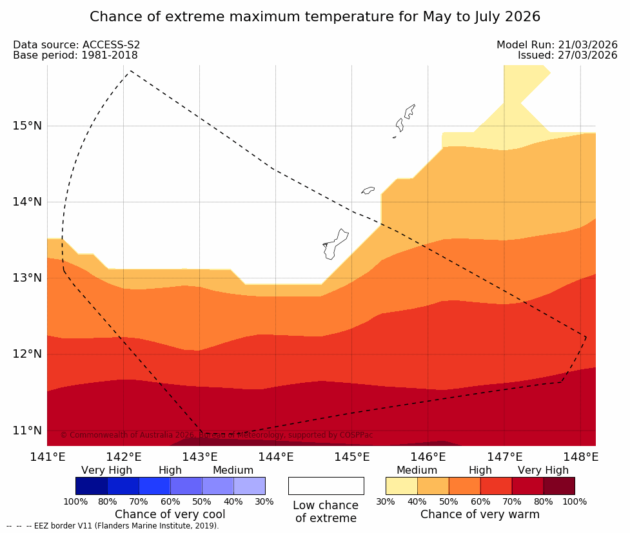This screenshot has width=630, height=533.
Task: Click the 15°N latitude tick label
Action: [27, 126]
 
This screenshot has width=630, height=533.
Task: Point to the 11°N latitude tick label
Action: [27, 431]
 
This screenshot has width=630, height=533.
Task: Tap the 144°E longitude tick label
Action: [275, 458]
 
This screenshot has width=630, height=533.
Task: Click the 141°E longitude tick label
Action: [47, 458]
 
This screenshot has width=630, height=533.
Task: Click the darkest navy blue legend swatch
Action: [92, 486]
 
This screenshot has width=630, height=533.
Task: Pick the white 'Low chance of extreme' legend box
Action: [326, 486]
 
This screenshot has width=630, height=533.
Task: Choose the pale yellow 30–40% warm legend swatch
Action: [401, 486]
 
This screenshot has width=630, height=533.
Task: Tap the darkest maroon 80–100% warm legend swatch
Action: [558, 486]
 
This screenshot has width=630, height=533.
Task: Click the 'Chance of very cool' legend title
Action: [170, 514]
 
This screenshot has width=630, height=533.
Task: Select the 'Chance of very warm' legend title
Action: [480, 514]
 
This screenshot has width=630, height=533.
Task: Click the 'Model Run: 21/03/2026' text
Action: [556, 45]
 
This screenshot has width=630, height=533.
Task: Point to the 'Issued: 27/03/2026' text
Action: [567, 55]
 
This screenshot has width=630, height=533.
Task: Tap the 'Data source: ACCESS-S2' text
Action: [77, 45]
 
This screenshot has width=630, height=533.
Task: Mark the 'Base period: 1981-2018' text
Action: [75, 55]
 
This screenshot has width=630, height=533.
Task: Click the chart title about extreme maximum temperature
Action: [315, 17]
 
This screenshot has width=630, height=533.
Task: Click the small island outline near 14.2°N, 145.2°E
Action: [368, 190]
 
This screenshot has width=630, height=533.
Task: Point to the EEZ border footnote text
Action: [113, 526]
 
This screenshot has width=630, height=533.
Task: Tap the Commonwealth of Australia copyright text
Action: [217, 435]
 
